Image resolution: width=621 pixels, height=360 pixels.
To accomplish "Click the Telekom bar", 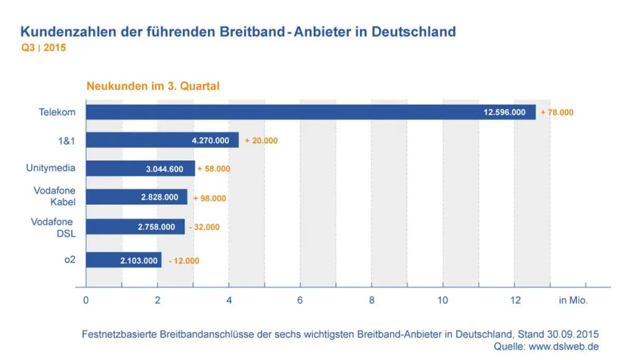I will coord(310,112).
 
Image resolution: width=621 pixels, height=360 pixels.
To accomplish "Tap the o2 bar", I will coord(124,260).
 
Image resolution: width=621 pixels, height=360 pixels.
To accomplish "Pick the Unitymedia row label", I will coord(51,168).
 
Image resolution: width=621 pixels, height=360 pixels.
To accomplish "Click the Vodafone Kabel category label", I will coord(54,197).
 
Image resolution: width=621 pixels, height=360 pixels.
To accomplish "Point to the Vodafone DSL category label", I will coord(53,227).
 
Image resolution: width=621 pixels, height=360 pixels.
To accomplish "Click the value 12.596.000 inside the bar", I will coord(505,112).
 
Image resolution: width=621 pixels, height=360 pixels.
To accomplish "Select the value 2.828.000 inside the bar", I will coord(157,197).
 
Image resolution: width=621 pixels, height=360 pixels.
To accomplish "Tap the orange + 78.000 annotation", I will coord(557,112).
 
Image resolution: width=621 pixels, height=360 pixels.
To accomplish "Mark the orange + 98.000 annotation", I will coord(210,198).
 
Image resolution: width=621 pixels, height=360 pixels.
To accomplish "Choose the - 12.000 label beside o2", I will coord(184,261).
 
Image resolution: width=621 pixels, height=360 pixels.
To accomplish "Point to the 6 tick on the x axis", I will coord(300,301).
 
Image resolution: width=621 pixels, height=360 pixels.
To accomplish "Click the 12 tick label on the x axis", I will coord(514,301).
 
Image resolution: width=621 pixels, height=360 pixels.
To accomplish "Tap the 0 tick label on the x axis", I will coord(86,301).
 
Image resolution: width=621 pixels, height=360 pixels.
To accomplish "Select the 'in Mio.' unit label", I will coord(573,301).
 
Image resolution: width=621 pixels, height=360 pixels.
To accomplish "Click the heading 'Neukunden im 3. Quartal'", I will coord(153,86).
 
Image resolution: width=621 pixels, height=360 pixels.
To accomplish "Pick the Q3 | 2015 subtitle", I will coord(43,48).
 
